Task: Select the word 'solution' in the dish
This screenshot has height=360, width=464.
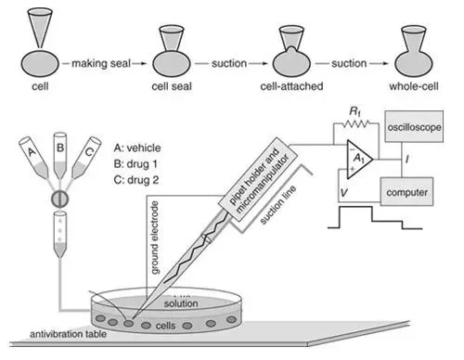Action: (181, 302)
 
